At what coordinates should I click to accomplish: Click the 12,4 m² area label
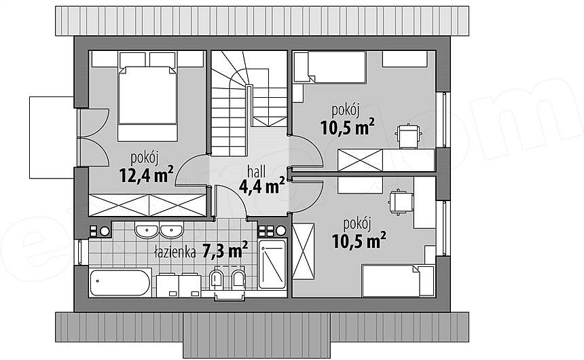147,175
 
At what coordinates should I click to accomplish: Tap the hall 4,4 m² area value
262,186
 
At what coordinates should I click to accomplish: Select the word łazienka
175,253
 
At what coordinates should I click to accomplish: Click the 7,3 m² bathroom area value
225,251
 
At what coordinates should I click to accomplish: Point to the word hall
257,171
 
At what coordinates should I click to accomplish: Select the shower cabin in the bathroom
272,264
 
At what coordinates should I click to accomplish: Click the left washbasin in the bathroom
147,230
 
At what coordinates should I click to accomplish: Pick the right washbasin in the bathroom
171,230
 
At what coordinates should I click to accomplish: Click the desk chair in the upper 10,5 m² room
409,136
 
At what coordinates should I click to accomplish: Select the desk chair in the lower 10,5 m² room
401,202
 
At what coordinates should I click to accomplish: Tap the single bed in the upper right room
329,67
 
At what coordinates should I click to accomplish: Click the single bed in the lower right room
398,281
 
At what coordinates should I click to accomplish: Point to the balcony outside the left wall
52,137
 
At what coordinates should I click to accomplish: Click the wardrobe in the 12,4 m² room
147,205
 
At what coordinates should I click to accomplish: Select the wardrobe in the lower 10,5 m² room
304,251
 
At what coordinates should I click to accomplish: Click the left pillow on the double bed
132,59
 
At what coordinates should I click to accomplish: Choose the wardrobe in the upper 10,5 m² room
360,160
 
